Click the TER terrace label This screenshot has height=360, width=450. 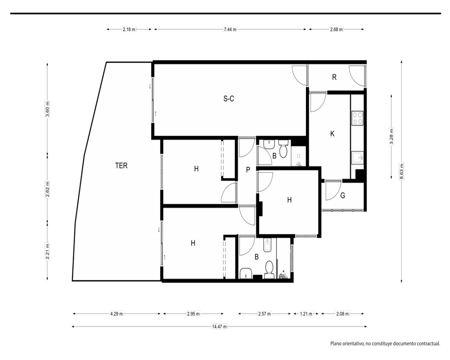[x=121, y=166]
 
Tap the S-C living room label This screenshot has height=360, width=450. [x=229, y=99]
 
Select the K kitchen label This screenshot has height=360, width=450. [x=333, y=134]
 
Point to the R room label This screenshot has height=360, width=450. [x=334, y=77]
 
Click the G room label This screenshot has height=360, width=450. [x=342, y=195]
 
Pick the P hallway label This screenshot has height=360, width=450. [x=248, y=170]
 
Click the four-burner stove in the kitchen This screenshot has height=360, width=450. [x=358, y=118]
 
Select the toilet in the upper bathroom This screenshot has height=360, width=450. [x=283, y=149]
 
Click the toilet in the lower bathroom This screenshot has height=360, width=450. [x=269, y=270]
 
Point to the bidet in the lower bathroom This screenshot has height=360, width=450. [x=267, y=245]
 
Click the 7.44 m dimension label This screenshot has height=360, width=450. [x=230, y=29]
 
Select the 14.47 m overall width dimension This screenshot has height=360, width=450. [x=219, y=326]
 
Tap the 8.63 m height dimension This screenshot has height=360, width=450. [x=401, y=171]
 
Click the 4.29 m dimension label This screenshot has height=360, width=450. [x=117, y=314]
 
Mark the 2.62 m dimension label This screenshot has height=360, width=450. [x=47, y=189]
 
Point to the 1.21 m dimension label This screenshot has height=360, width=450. [x=306, y=314]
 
